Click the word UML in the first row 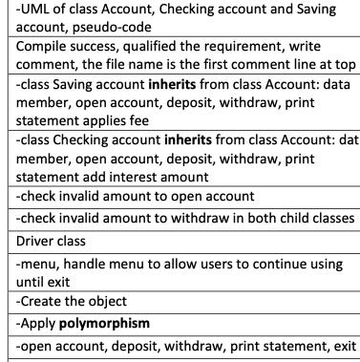[27, 11]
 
